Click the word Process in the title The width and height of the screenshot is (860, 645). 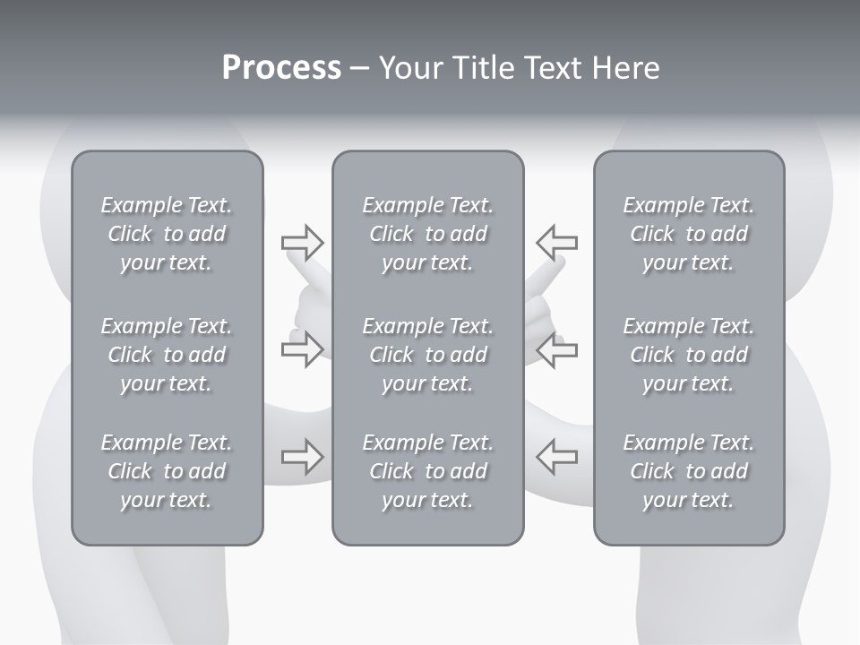[281, 68]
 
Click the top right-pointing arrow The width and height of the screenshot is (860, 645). [302, 242]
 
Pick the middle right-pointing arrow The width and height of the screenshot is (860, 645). [302, 349]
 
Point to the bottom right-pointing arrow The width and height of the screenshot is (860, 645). [302, 457]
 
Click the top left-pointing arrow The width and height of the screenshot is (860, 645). [556, 242]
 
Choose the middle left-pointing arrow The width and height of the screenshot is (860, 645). [556, 349]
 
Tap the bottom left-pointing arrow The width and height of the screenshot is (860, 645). [556, 457]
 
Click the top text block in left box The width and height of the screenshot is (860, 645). [167, 234]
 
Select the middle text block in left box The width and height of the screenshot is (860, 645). [167, 355]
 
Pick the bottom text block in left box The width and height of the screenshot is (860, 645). [167, 471]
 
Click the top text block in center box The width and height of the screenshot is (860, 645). [427, 234]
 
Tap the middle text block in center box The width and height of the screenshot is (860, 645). [427, 355]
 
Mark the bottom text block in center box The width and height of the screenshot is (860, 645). [427, 471]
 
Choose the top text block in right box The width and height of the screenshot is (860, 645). [688, 234]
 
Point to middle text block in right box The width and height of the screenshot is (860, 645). [688, 355]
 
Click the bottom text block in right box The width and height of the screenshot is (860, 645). [688, 471]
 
